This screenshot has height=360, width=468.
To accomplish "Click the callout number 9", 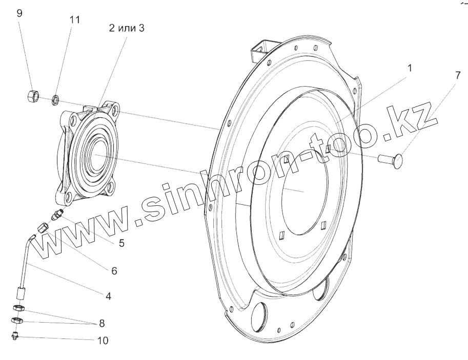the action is coord(19,14).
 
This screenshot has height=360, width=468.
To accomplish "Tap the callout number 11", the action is coord(75,20).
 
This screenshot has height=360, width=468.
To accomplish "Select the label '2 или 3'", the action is coord(127,28).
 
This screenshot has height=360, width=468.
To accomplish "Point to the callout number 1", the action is coord(410,68).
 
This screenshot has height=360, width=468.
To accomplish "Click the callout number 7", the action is coord(458,75).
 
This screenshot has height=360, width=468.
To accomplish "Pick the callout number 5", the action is coord(121,243).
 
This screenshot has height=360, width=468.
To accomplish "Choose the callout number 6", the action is coord(114,271).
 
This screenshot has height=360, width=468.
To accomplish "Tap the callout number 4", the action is coord(108,296).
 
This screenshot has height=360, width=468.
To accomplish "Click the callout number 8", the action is coord(102,323).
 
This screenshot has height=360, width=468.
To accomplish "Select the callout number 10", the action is coord(103,341).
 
